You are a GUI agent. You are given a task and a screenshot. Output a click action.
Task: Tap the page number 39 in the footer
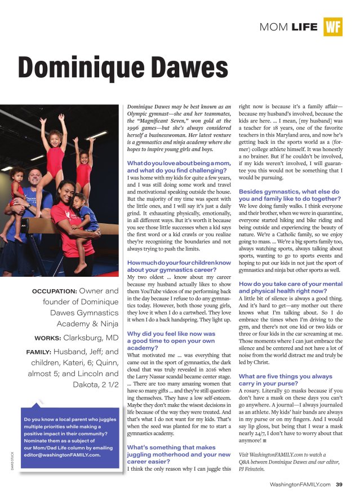click(x=339, y=484)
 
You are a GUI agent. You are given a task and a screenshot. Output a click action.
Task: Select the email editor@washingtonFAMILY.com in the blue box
click(x=62, y=456)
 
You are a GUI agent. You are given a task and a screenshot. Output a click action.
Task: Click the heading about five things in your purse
click(x=277, y=380)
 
